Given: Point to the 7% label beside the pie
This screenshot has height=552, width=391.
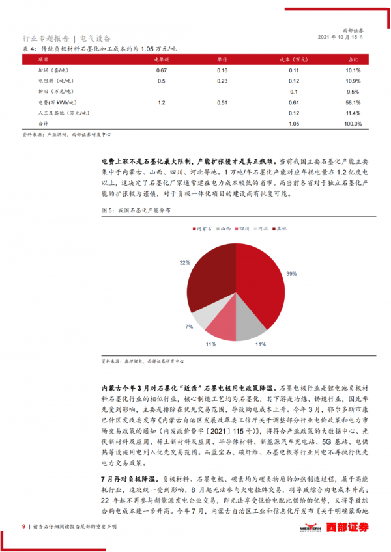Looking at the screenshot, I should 189,325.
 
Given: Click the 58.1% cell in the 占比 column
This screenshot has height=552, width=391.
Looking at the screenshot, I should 353,102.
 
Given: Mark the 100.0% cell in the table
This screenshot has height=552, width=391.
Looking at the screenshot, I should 353,123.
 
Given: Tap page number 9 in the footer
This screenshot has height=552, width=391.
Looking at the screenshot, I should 23,527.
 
